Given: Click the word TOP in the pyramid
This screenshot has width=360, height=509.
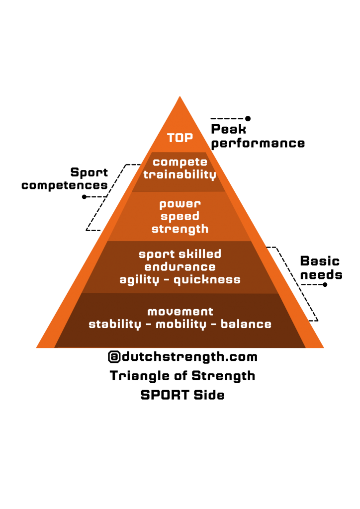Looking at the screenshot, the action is [180, 138].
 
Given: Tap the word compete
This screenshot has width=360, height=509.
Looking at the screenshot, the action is [180, 162].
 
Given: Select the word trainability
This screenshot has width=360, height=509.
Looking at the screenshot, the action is [180, 174].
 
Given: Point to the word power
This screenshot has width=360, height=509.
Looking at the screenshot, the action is [180, 204].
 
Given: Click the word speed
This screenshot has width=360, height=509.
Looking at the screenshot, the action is [180, 217].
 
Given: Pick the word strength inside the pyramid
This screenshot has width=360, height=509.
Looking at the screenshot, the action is [180, 229].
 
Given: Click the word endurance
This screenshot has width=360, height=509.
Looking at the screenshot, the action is [180, 267].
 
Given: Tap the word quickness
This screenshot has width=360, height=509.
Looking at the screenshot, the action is [207, 280].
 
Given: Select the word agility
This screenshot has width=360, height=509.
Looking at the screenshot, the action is [139, 280].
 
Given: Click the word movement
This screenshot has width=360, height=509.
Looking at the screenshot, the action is [180, 312].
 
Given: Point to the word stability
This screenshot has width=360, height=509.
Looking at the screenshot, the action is [115, 324].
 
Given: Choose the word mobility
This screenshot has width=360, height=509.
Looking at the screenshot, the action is [181, 324].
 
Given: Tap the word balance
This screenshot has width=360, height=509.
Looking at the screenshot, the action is [246, 324].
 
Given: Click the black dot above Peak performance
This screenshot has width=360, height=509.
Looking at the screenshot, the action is [248, 118].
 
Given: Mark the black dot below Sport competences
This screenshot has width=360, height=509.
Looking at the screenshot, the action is [85, 197].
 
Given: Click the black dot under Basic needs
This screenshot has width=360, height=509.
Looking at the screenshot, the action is [325, 285].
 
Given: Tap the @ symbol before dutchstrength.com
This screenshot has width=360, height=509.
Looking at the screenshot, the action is [114, 357].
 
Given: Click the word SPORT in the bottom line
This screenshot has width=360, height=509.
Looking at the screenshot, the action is [165, 395].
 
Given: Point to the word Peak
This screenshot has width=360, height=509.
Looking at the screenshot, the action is [229, 129].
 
